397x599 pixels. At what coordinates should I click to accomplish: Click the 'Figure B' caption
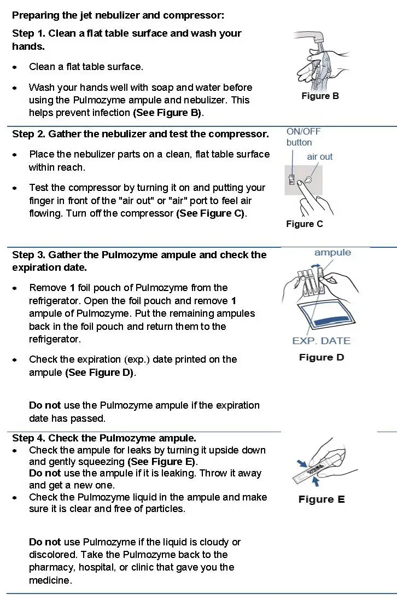point(320,96)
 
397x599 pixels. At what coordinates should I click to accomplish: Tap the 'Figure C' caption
point(304,224)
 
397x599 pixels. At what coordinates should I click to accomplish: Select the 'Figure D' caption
point(322,358)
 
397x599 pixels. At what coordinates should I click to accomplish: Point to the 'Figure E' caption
point(322,499)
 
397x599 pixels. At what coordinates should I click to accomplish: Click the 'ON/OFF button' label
point(303,137)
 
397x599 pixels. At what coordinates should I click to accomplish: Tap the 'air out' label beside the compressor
point(319,156)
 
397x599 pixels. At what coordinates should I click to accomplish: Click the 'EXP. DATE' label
point(321,341)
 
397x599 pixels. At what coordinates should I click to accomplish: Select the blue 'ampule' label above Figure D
point(332,253)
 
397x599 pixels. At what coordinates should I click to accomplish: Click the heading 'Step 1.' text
point(29,33)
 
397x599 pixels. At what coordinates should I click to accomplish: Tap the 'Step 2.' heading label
point(29,134)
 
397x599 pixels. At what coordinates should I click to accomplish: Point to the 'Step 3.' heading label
point(29,255)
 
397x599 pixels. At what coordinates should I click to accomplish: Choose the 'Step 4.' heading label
point(29,438)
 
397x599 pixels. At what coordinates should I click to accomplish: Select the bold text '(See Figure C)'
point(211,213)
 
